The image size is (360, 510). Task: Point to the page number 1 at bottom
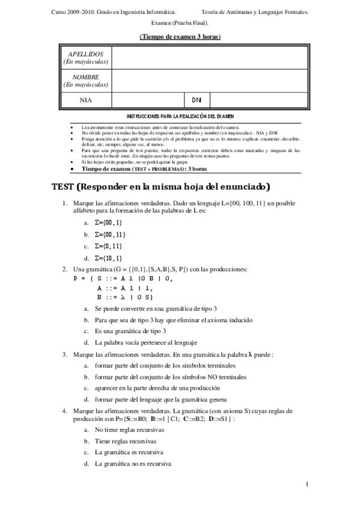(307, 484)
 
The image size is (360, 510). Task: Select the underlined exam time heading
(180, 37)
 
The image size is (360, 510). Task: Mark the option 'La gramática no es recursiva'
(133, 464)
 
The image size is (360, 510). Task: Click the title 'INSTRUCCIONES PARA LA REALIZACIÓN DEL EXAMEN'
(180, 115)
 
